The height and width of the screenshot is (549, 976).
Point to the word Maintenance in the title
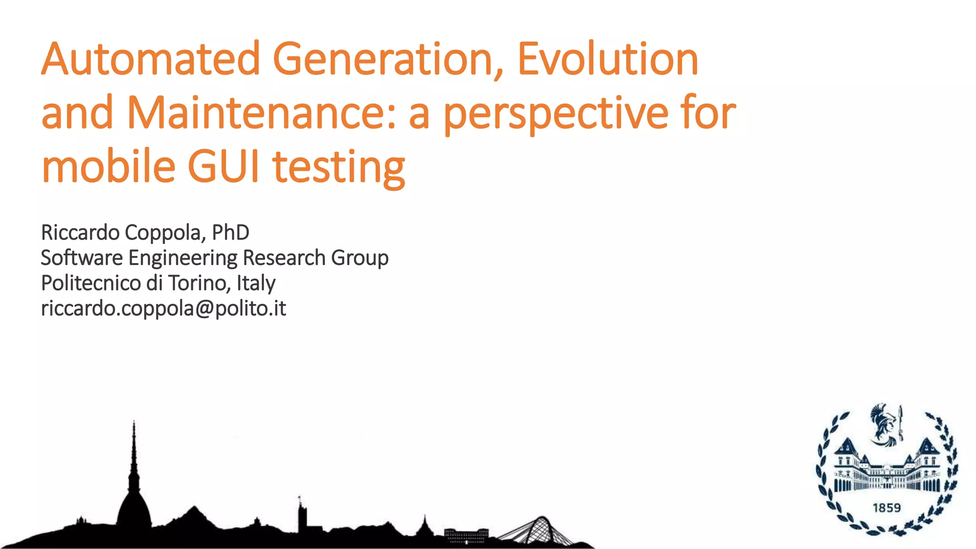(x=262, y=113)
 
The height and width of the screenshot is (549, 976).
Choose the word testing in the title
(x=339, y=168)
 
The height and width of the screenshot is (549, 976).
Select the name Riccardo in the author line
(x=80, y=233)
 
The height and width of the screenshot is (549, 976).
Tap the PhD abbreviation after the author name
(x=230, y=233)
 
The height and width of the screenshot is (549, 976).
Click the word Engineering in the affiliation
(x=183, y=258)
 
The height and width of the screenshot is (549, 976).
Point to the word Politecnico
(x=91, y=283)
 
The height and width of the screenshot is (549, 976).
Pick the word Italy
(x=256, y=284)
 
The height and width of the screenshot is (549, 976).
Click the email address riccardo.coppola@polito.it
(x=163, y=309)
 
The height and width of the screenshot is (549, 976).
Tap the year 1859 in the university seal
(x=886, y=508)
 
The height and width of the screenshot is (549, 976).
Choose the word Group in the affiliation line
(x=360, y=258)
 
